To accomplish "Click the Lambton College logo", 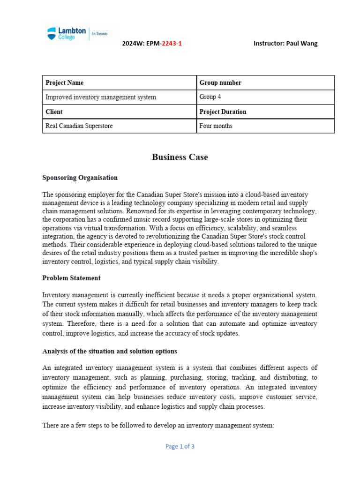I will [x=67, y=33].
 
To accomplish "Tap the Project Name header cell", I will [x=119, y=82].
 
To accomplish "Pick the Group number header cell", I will [x=265, y=82].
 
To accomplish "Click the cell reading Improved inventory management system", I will [x=119, y=97].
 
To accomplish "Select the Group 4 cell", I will [x=265, y=97].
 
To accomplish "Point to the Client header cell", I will [x=119, y=112].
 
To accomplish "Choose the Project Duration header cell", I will [x=265, y=112].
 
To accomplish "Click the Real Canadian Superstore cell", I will [x=119, y=126].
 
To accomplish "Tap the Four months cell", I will [x=265, y=126].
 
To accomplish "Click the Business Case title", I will [x=180, y=157].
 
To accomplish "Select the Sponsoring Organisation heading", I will [x=80, y=178].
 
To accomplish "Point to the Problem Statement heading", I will [x=71, y=278].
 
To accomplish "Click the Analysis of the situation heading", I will [x=110, y=351].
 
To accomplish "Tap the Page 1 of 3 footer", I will [x=180, y=446].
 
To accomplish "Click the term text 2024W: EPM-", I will [x=142, y=44].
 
